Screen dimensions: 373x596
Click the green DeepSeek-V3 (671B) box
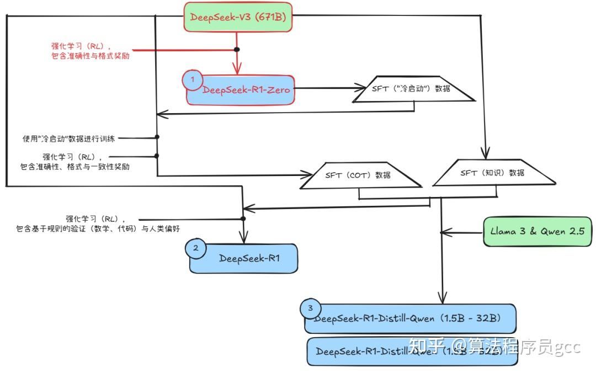[x=237, y=17]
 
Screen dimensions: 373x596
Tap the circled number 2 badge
[x=195, y=248]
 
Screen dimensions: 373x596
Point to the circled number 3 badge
[x=310, y=308]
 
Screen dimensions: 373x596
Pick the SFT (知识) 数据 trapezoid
[x=492, y=172]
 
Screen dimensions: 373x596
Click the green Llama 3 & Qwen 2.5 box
[x=537, y=231]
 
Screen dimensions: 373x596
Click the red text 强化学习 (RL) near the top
[x=87, y=46]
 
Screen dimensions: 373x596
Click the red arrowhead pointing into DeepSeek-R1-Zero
[x=237, y=70]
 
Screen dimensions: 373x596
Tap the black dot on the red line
[x=237, y=50]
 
